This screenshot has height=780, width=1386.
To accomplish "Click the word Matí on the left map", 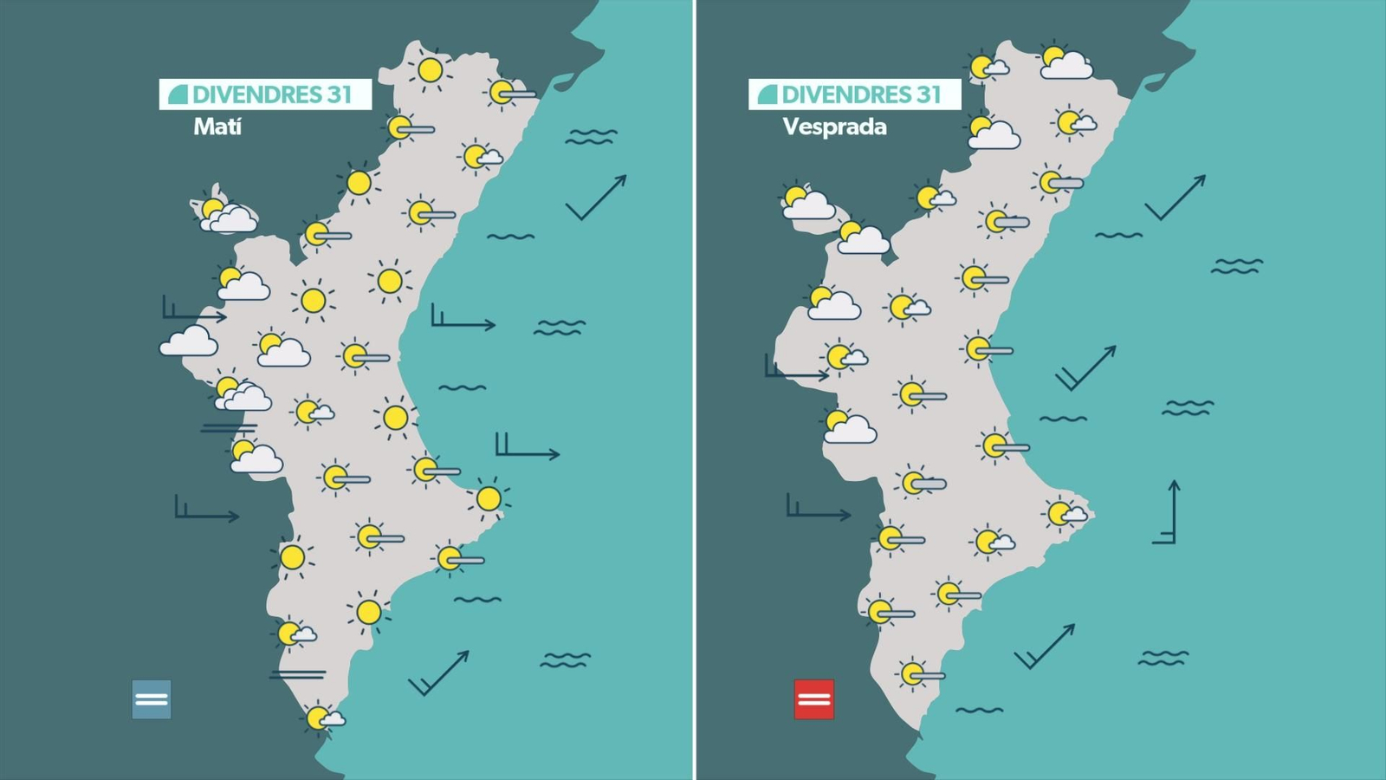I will (217, 127).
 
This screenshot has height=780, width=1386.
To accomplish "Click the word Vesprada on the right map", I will (834, 127).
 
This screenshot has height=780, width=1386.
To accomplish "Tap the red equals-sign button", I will (813, 699).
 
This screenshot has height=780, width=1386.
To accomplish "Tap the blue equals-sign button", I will (152, 699).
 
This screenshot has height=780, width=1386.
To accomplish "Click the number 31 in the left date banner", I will (340, 94).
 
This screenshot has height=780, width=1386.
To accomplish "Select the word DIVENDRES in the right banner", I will (844, 94).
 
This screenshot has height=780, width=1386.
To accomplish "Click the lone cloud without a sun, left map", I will (189, 341).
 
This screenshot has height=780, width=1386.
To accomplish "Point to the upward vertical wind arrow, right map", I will (1169, 511).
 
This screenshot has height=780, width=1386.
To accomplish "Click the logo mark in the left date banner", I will (178, 94).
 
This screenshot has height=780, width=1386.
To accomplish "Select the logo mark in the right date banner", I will (767, 94).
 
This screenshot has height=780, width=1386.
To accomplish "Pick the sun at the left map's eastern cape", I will (489, 498).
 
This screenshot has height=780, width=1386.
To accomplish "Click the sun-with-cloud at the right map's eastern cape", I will (1065, 514).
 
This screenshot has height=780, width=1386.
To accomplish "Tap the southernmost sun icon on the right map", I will (917, 673).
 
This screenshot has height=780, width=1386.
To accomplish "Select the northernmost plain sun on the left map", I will (430, 70).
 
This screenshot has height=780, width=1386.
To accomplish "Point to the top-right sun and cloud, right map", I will (1064, 62).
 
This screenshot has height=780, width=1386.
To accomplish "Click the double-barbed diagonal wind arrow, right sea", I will (1085, 368).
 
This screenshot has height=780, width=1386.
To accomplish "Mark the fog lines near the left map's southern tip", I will (298, 673).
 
